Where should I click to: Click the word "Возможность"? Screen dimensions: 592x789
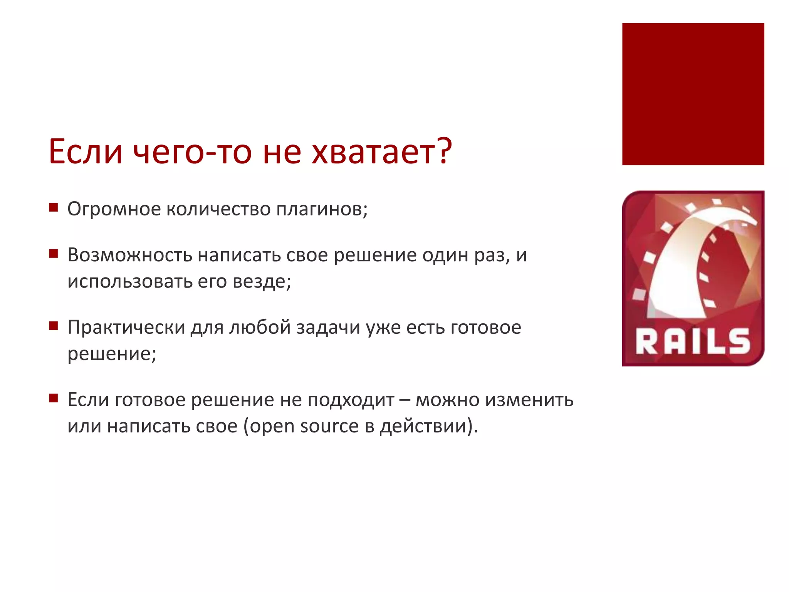click(x=130, y=255)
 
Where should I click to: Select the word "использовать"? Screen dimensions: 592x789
click(x=130, y=281)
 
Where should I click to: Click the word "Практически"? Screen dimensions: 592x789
click(x=126, y=327)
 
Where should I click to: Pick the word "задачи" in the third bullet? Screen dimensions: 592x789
click(x=328, y=327)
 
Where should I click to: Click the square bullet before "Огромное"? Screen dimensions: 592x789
click(x=54, y=208)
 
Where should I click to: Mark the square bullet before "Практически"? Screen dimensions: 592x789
click(x=54, y=326)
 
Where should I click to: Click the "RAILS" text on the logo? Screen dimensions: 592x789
click(x=693, y=341)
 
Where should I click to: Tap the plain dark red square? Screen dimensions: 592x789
click(x=693, y=94)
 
